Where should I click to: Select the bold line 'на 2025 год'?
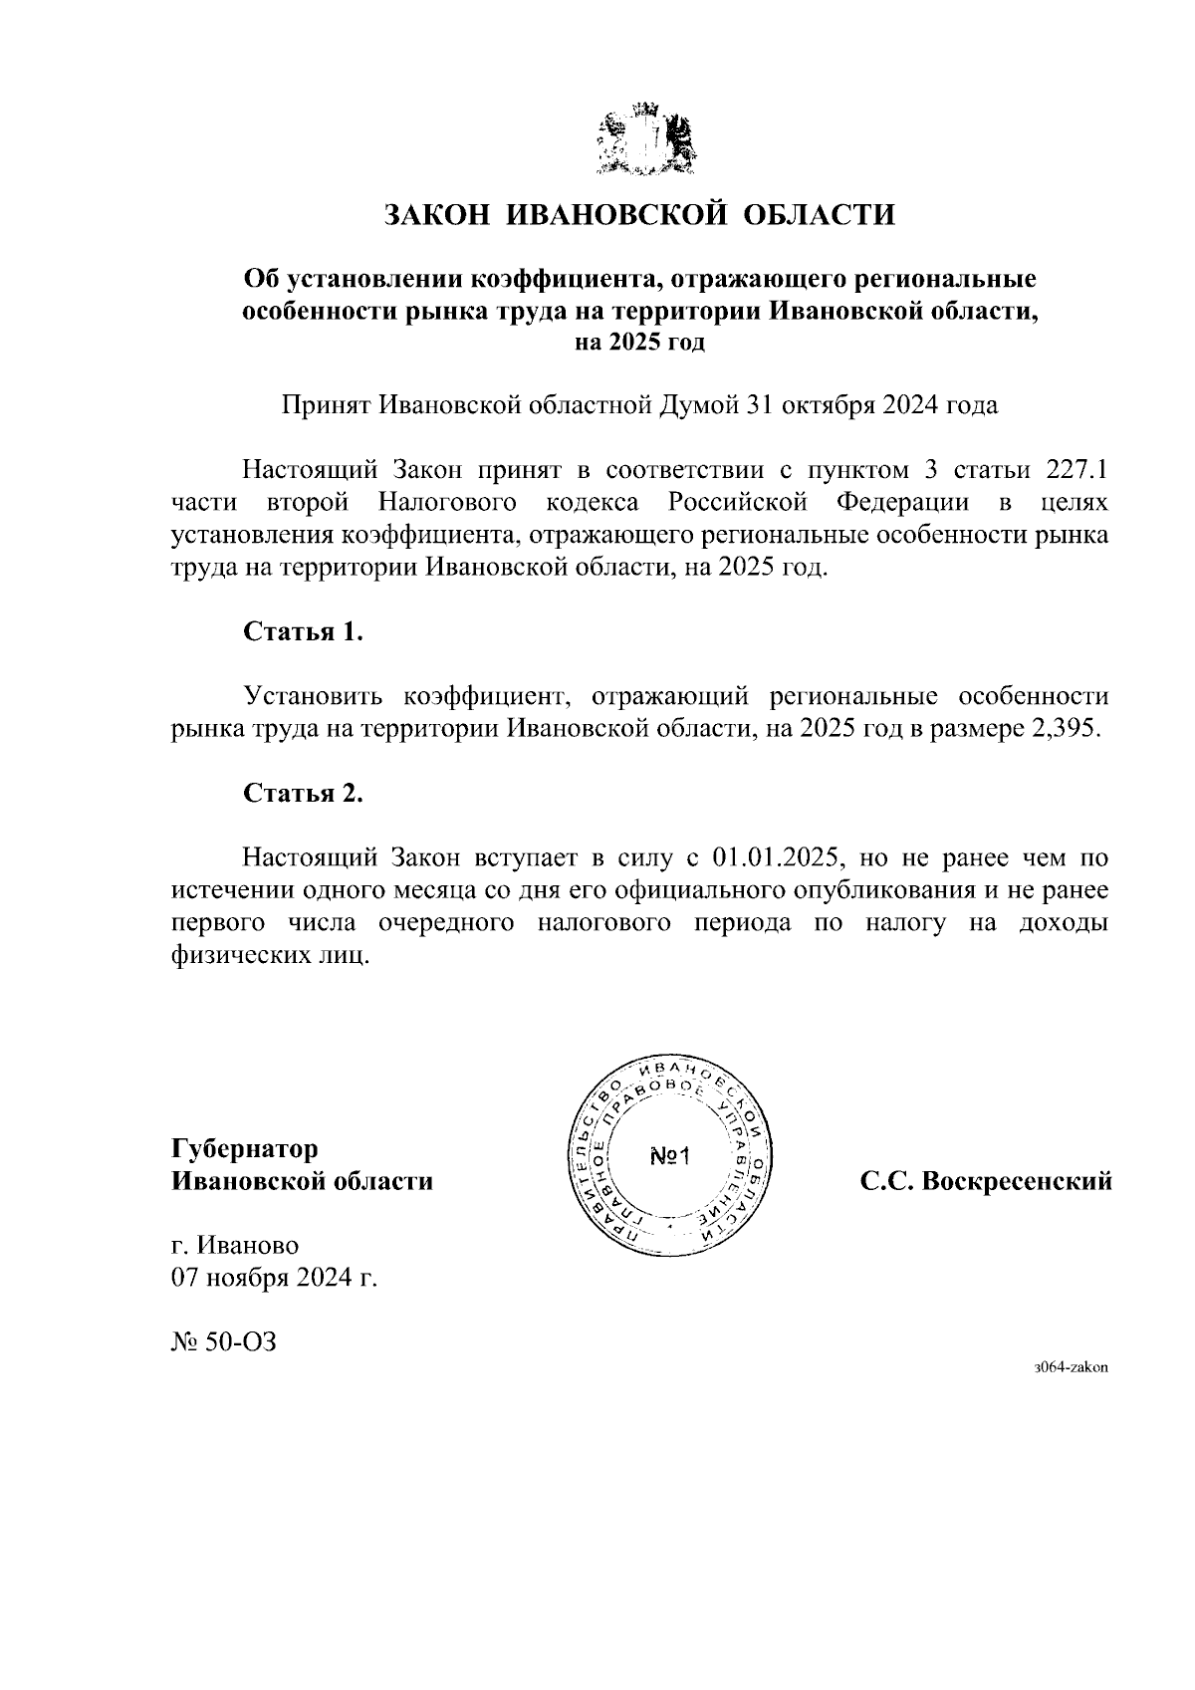pos(639,343)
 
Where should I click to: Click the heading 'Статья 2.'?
pos(304,793)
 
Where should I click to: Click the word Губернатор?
pos(245,1149)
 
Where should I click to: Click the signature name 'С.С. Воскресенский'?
pos(985,1182)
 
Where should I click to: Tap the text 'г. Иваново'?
pos(235,1245)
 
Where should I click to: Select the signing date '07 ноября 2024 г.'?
pos(275,1278)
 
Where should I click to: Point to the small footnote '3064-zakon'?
pos(1071,1367)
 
